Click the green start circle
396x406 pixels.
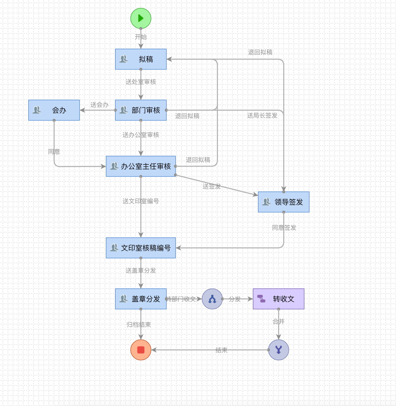[x=141, y=18]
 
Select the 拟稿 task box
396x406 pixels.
[x=141, y=59]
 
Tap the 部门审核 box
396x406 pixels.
[x=141, y=110]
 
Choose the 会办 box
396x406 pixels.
[x=54, y=110]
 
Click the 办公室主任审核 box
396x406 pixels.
[x=141, y=166]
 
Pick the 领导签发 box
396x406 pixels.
[x=284, y=202]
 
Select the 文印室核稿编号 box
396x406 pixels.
[x=141, y=248]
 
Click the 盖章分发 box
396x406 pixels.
[x=141, y=299]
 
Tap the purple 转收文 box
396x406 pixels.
[x=279, y=299]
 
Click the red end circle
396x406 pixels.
[x=141, y=350]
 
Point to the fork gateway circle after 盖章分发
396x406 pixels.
[x=212, y=299]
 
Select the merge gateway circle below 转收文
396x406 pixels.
[x=279, y=350]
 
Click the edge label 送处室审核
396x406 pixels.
[x=141, y=82]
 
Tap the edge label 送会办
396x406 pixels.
[x=100, y=105]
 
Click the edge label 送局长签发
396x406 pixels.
[x=262, y=116]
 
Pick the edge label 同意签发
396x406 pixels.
[x=284, y=228]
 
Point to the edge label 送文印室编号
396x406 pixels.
[x=141, y=201]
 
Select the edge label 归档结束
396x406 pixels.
[x=139, y=325]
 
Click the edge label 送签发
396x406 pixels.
[x=212, y=186]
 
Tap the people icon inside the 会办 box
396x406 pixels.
[x=37, y=110]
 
